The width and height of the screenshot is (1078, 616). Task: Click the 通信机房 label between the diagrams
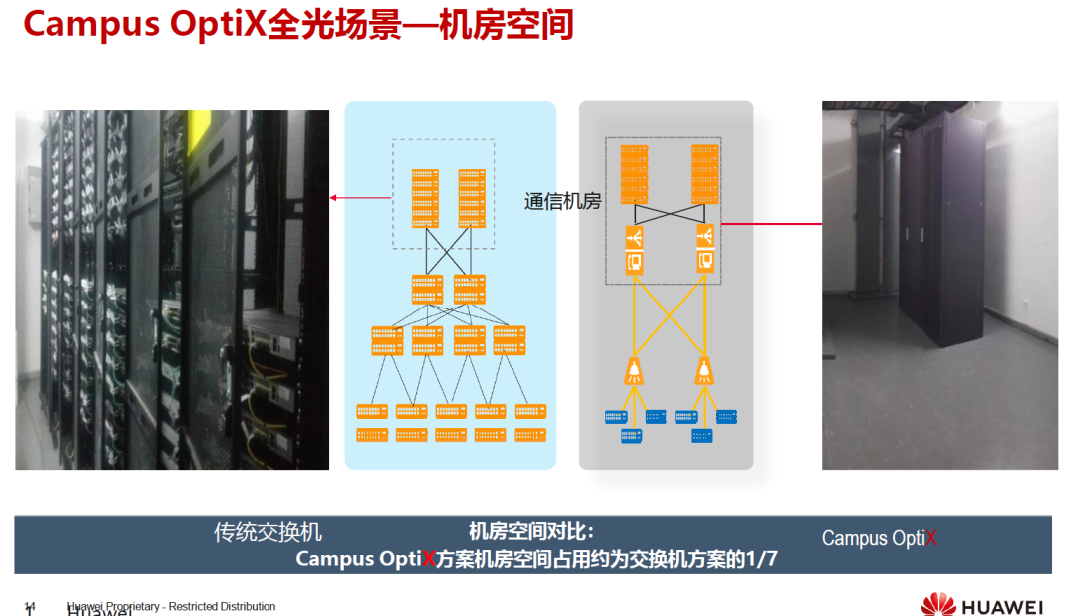tap(562, 201)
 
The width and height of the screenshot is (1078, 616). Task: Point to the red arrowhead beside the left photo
tap(334, 198)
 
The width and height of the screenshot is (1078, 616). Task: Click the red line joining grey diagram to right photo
tap(771, 224)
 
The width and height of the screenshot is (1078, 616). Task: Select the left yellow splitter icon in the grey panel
tap(633, 371)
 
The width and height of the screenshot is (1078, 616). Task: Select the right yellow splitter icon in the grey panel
tap(706, 371)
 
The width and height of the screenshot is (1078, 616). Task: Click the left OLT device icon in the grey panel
tap(634, 249)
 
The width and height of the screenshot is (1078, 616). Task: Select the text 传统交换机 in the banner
tap(268, 533)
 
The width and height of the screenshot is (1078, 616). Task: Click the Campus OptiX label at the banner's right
tap(879, 538)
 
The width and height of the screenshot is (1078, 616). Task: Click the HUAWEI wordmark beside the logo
tap(1002, 606)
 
